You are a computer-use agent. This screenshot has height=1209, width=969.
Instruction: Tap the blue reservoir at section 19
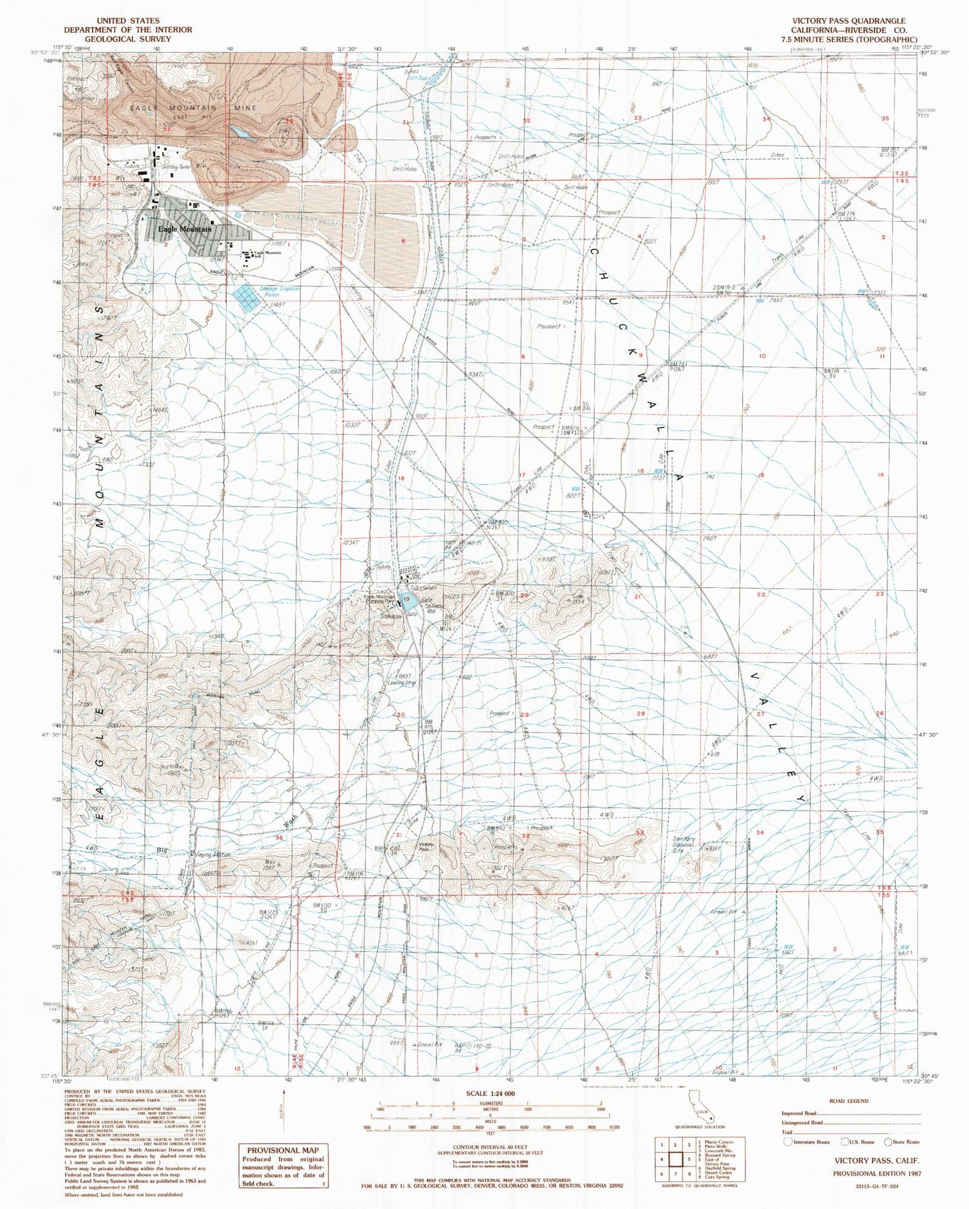(405, 599)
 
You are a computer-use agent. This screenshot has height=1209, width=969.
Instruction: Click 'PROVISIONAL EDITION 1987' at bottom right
(877, 1173)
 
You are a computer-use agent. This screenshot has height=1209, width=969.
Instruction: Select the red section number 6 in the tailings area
(402, 241)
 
